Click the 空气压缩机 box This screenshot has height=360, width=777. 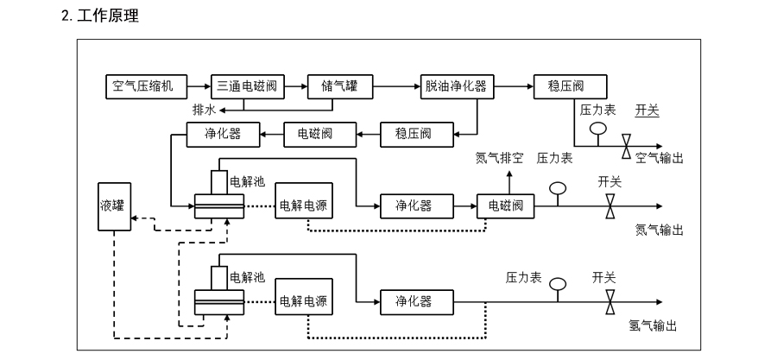[143, 86]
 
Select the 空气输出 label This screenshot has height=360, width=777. [660, 158]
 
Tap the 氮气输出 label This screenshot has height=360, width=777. [660, 230]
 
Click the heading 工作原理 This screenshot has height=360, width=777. [108, 16]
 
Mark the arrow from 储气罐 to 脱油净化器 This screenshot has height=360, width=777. [389, 86]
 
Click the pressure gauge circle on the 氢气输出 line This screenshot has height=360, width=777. [557, 282]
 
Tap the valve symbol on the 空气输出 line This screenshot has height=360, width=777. [626, 147]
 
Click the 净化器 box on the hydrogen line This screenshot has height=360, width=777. [413, 301]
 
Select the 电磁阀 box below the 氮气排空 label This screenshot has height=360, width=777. [506, 205]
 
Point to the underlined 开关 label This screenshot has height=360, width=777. [647, 110]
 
